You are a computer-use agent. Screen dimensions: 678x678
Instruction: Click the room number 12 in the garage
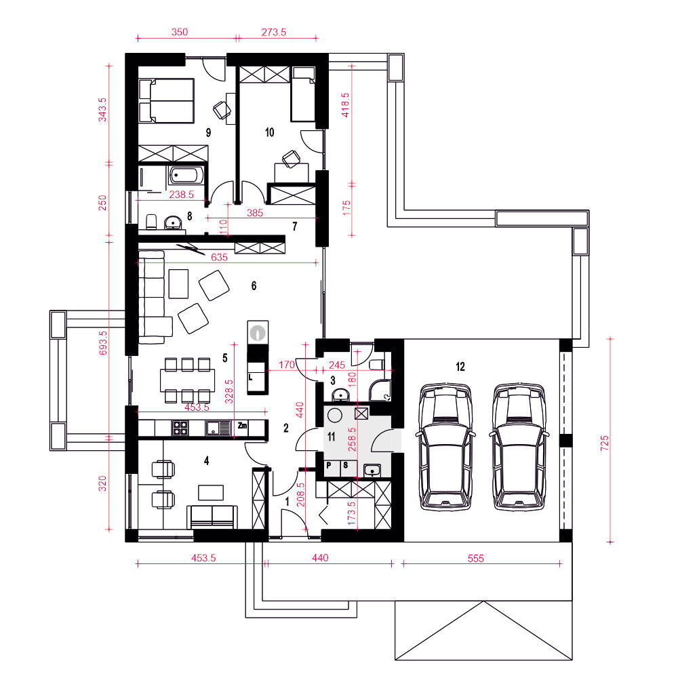click(x=460, y=367)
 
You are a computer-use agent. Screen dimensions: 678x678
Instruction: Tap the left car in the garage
click(x=445, y=446)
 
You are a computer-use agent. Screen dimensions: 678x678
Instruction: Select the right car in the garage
click(x=519, y=446)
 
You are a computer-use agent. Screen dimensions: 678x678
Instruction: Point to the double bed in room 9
click(x=167, y=101)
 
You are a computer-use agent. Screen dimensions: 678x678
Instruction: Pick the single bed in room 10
click(x=302, y=94)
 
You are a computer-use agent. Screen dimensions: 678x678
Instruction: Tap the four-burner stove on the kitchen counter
click(x=180, y=428)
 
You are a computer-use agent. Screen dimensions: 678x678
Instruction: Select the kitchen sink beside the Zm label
click(x=219, y=428)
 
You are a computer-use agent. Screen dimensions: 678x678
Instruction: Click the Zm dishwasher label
click(x=242, y=426)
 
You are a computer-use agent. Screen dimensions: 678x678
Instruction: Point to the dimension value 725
click(x=605, y=443)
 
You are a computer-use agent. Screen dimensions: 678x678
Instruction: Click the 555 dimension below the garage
click(x=476, y=558)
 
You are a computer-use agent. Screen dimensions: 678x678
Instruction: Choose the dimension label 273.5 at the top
click(x=274, y=32)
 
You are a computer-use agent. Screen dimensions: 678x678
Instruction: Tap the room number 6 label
click(x=254, y=286)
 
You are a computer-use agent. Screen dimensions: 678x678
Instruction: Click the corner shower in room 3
click(x=380, y=391)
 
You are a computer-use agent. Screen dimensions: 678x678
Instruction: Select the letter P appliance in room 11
click(x=329, y=466)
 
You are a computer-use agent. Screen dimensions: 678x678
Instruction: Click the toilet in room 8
click(x=151, y=222)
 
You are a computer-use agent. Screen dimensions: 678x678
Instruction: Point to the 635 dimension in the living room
click(x=219, y=257)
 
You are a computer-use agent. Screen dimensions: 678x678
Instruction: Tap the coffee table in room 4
click(x=211, y=492)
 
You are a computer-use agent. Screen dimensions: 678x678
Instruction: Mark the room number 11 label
click(x=332, y=437)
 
